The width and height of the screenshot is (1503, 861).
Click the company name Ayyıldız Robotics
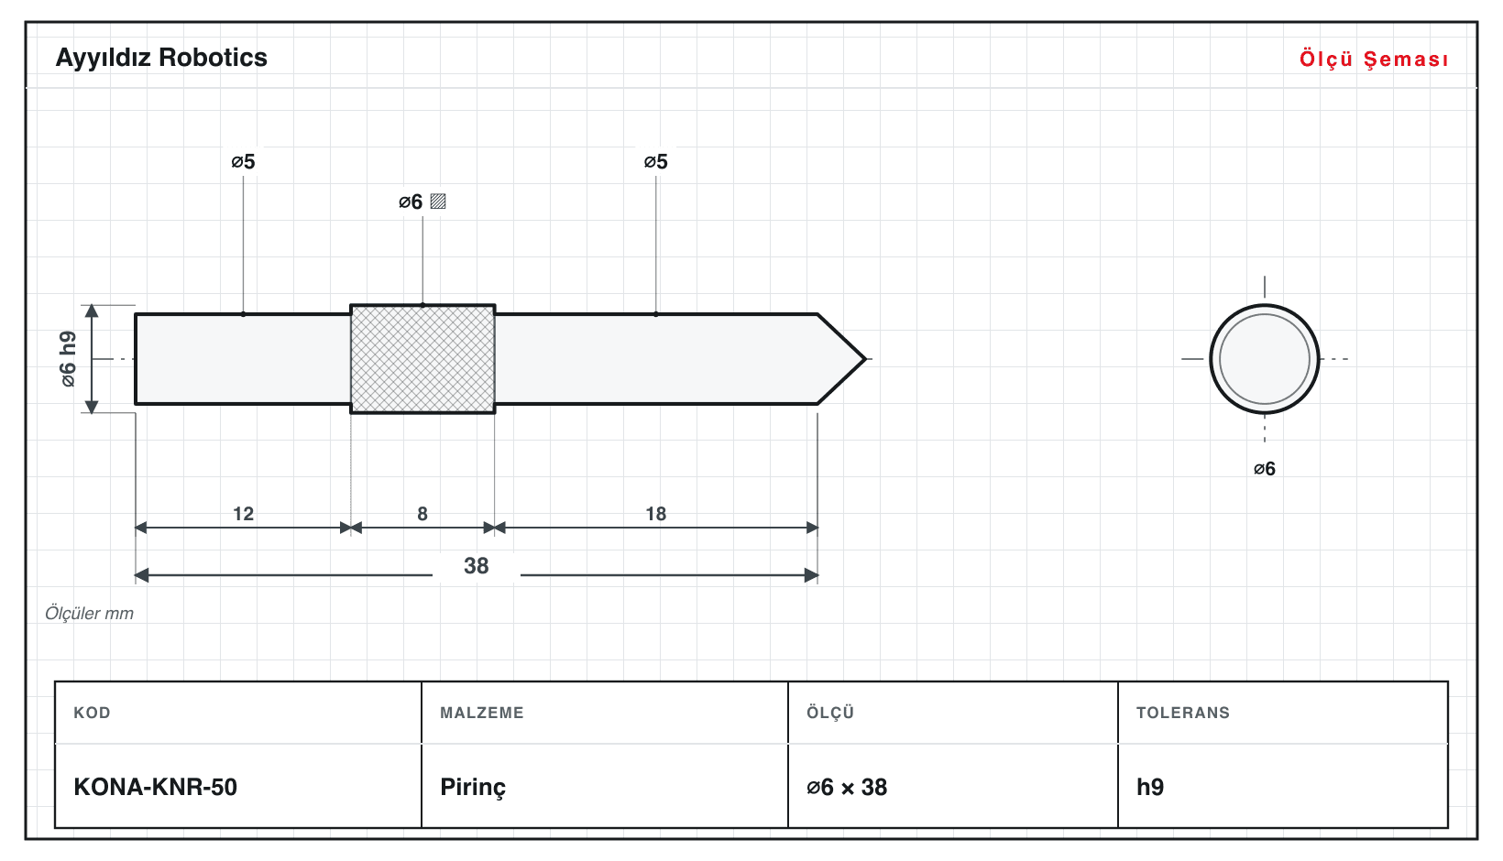(x=161, y=59)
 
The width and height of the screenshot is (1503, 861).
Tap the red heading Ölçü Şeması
(x=1374, y=59)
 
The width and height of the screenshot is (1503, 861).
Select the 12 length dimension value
(x=243, y=514)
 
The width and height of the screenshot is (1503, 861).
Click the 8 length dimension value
(x=422, y=514)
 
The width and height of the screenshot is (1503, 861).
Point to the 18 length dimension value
(x=655, y=514)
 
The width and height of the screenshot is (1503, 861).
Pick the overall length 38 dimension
(x=477, y=566)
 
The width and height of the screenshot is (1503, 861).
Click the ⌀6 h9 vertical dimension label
(x=68, y=359)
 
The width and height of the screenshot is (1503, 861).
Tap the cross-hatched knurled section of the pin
(x=422, y=359)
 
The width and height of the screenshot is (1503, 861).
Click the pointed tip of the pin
(x=865, y=359)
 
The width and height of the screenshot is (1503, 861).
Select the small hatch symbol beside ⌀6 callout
(x=438, y=202)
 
